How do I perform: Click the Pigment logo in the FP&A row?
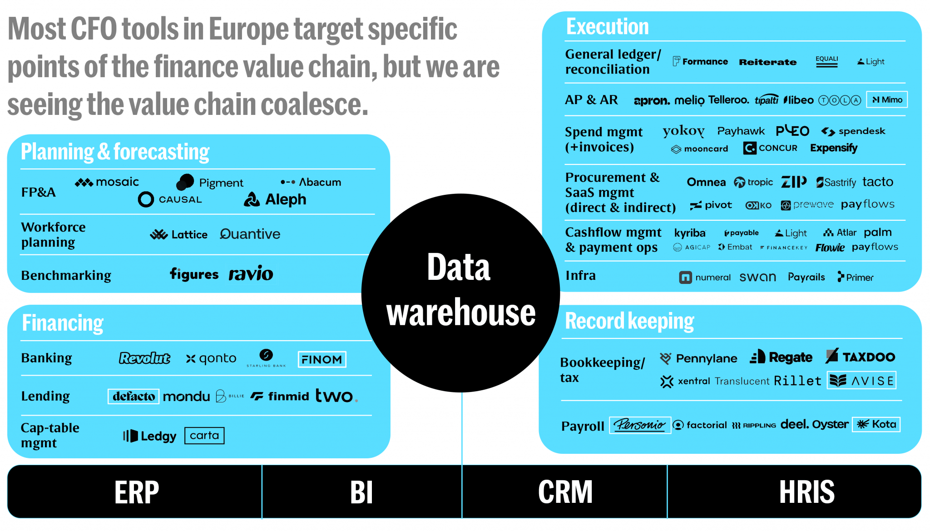pos(210,182)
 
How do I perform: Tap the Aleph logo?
pos(276,199)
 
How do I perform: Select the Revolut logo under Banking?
pos(144,358)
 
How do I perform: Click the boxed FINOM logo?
pos(322,359)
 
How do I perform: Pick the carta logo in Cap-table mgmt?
pos(204,436)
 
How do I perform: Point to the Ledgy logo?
pos(150,436)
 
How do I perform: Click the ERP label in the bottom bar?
pos(136,492)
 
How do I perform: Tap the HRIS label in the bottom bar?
pos(806,492)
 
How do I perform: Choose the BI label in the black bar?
pos(361,492)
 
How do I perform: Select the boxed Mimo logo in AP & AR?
pos(887,100)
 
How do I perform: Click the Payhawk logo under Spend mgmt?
pos(741,131)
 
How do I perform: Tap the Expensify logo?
pos(834,148)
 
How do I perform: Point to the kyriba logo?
pos(690,233)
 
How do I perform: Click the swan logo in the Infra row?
pos(757,277)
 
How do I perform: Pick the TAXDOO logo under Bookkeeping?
pos(861,357)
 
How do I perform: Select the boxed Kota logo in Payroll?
pos(876,425)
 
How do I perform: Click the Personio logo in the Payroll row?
pos(640,425)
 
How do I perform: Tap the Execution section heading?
pos(608,27)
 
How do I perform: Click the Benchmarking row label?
pos(66,276)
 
